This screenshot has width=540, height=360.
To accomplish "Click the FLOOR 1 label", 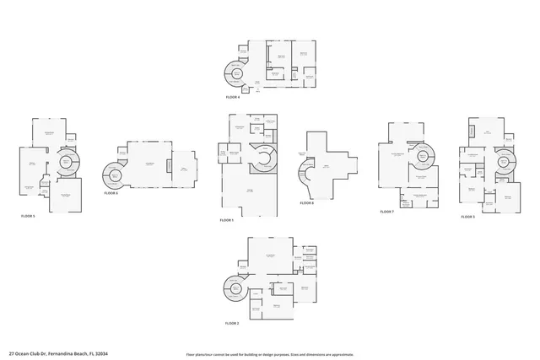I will [227, 220].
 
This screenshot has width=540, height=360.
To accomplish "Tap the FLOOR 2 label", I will [232, 323].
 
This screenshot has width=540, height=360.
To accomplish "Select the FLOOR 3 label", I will [467, 217].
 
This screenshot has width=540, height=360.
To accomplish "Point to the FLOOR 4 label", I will [233, 98].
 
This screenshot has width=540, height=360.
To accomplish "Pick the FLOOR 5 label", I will [28, 216].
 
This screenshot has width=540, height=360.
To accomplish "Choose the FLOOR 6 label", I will [111, 193].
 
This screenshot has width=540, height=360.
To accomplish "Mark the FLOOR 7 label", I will [387, 212].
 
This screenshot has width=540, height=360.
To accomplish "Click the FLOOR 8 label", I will [307, 203].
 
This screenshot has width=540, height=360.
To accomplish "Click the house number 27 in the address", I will [11, 353].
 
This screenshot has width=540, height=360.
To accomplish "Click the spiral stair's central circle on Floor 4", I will [236, 74].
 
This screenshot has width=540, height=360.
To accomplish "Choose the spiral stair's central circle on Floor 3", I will [504, 160].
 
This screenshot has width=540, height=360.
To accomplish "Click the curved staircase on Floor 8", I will [302, 178].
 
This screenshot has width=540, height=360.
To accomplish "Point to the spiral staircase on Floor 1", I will [265, 158].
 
